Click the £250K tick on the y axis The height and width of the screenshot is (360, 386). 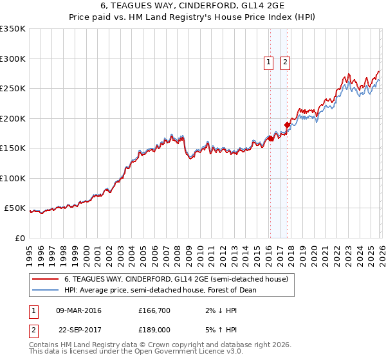point(13,88)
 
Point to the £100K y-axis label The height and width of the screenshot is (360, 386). point(13,178)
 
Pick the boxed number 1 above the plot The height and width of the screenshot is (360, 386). point(268,62)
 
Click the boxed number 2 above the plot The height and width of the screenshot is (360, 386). point(284,62)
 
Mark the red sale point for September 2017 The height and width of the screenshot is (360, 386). point(287,125)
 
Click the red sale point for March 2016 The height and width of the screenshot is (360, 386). point(270,138)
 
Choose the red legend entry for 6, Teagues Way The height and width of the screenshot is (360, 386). point(179,279)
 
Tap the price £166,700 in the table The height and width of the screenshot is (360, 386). point(155,310)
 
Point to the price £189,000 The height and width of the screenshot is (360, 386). point(155,330)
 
